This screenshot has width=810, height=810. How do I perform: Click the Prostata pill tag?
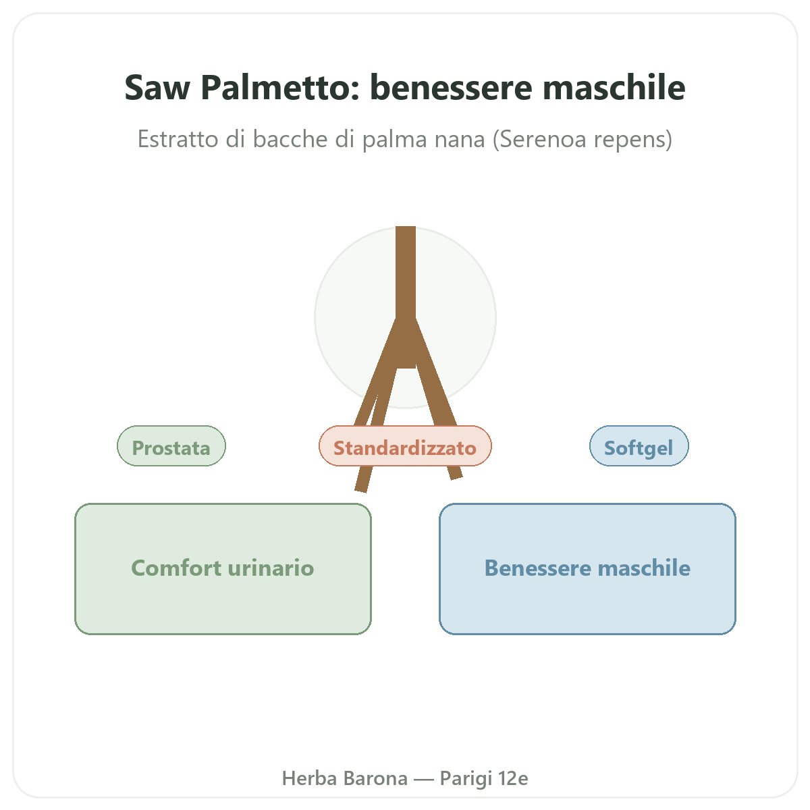coord(171,446)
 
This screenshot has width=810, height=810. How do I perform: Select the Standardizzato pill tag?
coord(405,446)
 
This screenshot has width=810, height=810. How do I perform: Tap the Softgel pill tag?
coord(639,446)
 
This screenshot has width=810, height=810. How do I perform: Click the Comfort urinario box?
coord(223,569)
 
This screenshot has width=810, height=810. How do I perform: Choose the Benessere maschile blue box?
coord(587,569)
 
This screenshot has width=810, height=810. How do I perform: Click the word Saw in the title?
coord(157,88)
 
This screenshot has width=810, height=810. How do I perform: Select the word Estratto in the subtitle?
coord(178,139)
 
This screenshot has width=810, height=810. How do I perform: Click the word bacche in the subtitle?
coord(291,139)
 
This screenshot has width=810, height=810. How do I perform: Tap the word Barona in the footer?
coord(376,778)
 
